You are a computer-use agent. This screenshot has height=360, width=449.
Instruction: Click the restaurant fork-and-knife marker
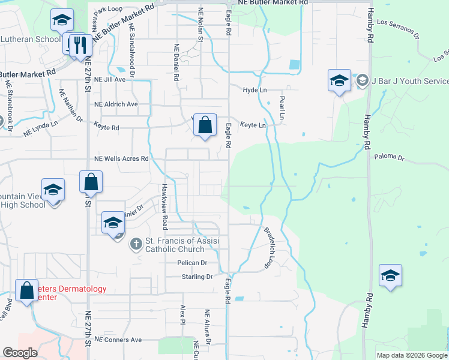click(80, 44)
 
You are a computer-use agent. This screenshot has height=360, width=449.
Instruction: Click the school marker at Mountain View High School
click(53, 190)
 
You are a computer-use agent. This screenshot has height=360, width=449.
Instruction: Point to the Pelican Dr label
click(192, 263)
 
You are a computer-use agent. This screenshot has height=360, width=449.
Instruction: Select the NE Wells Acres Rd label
click(121, 159)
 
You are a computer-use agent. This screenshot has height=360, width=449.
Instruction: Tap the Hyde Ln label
click(255, 90)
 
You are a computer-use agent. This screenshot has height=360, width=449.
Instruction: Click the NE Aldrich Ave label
click(116, 104)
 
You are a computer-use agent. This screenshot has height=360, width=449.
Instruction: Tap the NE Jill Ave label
click(110, 79)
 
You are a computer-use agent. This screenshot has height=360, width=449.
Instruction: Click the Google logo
click(20, 353)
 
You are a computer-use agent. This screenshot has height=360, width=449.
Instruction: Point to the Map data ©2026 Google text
click(411, 355)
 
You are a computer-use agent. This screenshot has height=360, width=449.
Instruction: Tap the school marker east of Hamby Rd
click(390, 275)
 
